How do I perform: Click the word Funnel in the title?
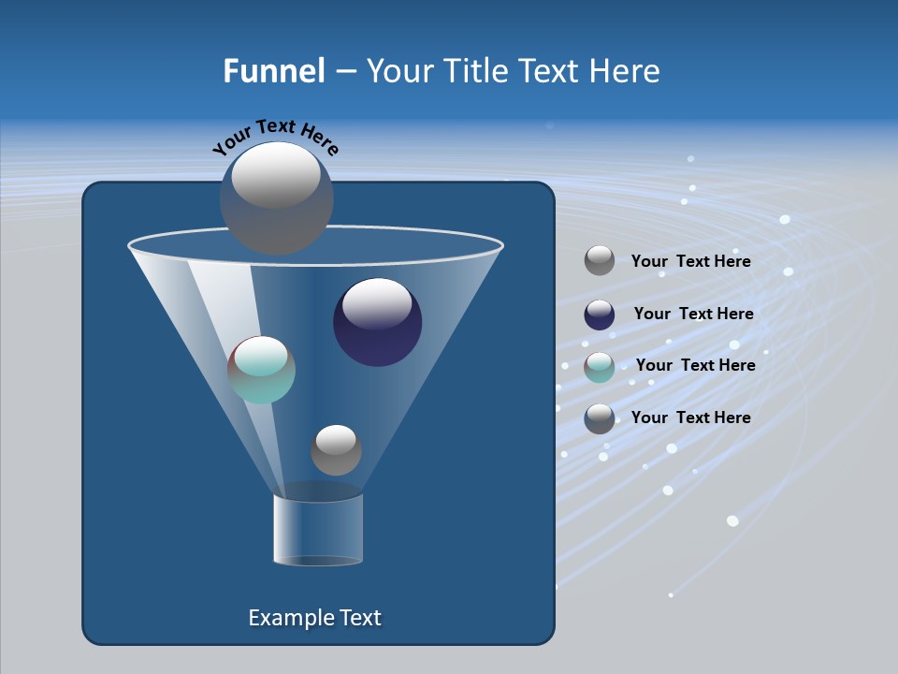coord(273,71)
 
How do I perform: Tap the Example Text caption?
coord(314,618)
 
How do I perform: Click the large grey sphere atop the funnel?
coord(276,198)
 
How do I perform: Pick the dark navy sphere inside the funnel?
coord(377,322)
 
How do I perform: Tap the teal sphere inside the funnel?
coord(262,370)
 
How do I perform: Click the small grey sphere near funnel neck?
coord(336,449)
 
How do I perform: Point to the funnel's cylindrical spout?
coord(318,530)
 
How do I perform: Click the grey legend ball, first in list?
coord(600,261)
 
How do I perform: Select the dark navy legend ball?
coord(600,315)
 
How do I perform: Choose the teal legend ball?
coord(600,367)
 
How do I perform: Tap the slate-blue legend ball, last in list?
coord(600,418)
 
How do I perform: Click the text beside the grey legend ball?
coord(690,262)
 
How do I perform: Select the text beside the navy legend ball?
coord(693,315)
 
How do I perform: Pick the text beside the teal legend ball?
coord(695,366)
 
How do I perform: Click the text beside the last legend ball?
coord(690,418)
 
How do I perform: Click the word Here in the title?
coord(625,71)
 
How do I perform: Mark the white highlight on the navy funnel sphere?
coord(377,302)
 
